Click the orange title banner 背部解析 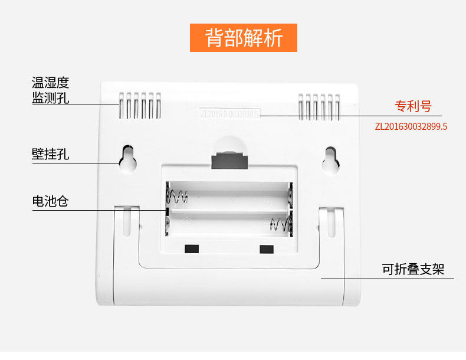(244, 38)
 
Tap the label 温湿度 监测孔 (50, 90)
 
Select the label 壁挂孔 (50, 155)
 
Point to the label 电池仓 (50, 202)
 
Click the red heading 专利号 (413, 107)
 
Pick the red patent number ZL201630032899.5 (411, 126)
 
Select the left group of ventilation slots (140, 105)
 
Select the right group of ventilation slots (319, 105)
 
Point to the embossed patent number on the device (229, 113)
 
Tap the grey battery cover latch (229, 159)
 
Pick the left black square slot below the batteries (191, 248)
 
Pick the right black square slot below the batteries (267, 248)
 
